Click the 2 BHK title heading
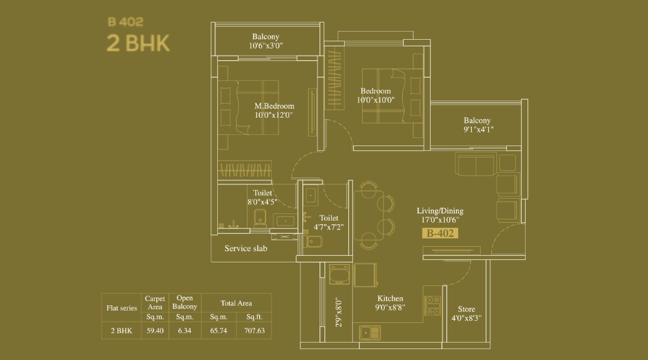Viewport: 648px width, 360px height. (x=138, y=42)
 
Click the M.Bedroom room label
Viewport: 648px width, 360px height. (x=274, y=106)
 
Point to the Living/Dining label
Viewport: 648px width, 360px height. (x=440, y=211)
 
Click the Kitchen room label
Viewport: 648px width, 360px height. (x=390, y=298)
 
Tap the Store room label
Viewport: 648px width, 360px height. (x=466, y=309)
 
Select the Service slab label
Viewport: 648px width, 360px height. (x=245, y=248)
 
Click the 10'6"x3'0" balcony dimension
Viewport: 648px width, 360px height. (x=266, y=46)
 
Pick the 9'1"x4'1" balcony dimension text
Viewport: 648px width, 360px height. (x=477, y=129)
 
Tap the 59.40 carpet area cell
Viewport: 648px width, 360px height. (x=154, y=330)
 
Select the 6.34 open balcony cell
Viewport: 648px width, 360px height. (x=184, y=330)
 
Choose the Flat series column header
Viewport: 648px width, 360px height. (x=121, y=308)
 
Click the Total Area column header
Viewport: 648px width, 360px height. (x=235, y=302)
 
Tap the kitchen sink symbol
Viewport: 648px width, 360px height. (x=371, y=333)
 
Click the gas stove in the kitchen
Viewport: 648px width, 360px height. (x=432, y=305)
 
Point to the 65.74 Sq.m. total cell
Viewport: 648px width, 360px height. (x=219, y=330)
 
